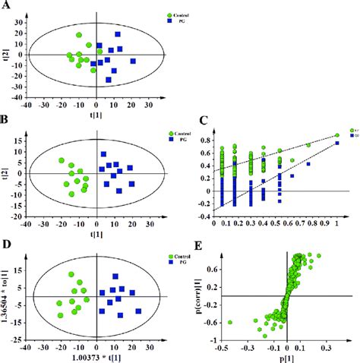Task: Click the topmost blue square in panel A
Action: [x=117, y=35]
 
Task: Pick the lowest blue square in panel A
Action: [x=109, y=79]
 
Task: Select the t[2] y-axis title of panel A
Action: [x=8, y=53]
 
